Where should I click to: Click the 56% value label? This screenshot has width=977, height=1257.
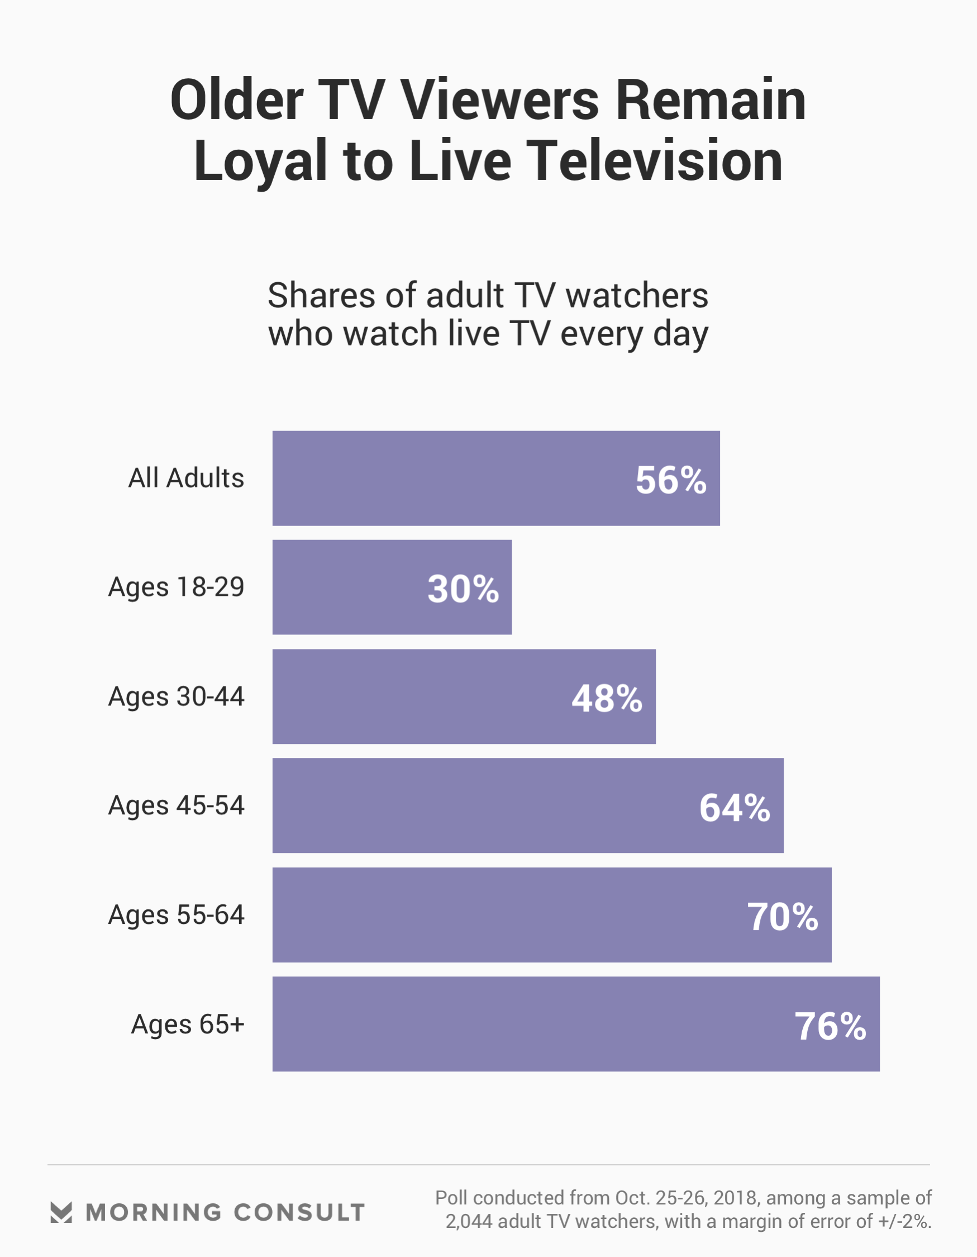[671, 480]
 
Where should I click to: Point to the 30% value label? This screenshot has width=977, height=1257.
[463, 589]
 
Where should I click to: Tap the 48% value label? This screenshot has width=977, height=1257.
[607, 699]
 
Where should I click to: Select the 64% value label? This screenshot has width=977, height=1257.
[734, 808]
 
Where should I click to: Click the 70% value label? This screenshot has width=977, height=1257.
[783, 917]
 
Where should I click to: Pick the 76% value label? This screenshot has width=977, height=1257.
[830, 1026]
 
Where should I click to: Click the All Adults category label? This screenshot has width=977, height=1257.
[186, 478]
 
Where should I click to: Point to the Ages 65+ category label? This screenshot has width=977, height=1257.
[188, 1024]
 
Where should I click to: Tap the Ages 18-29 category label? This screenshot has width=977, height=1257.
[176, 587]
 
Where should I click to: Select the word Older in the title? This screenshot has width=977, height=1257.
[236, 100]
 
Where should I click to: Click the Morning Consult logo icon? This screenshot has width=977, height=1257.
[61, 1212]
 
